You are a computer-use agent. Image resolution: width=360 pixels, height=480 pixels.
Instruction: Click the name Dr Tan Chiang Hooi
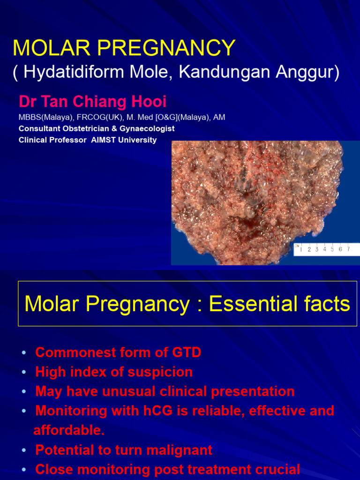point(93,102)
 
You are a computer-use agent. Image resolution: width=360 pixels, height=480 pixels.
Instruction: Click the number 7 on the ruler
point(348,249)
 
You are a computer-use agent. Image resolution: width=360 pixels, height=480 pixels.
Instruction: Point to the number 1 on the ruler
point(300,249)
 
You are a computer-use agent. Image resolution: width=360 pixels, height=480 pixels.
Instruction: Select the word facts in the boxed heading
point(328,304)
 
